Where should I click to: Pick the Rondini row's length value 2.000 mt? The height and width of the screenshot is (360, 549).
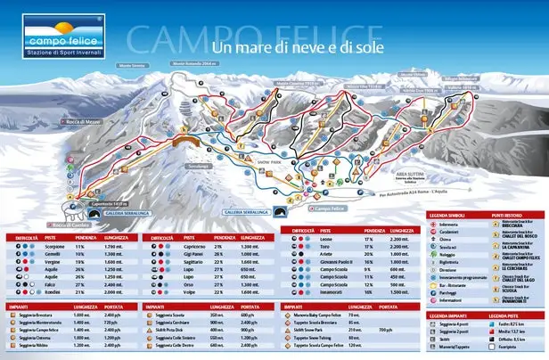click(111, 292)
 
